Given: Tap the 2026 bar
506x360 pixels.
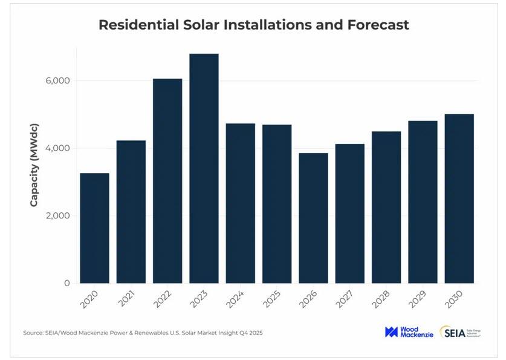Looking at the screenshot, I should click(313, 218).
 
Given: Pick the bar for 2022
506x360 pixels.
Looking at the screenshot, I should click(167, 181).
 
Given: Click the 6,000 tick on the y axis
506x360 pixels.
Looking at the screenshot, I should click(58, 81).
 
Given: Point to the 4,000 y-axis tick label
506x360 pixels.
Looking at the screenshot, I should click(58, 148).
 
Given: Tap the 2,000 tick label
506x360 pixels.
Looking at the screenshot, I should click(58, 216).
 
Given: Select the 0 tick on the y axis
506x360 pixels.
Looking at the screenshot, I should click(67, 283).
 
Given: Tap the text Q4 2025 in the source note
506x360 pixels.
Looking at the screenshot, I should click(248, 333).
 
